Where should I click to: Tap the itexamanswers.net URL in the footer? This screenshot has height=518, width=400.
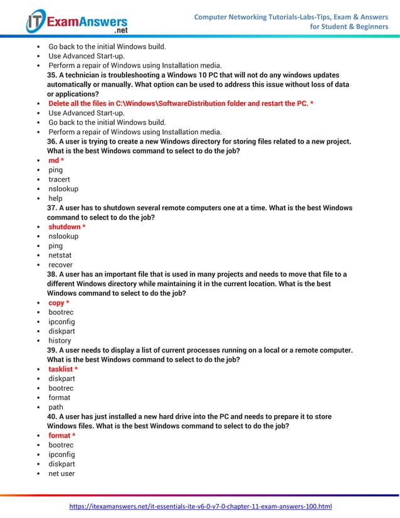click(200, 506)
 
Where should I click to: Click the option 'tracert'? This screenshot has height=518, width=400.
click(59, 179)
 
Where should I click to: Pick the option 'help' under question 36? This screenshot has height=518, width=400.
click(55, 198)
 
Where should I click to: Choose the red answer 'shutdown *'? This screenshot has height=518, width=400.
click(67, 226)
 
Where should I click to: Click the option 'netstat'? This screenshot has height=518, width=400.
click(60, 255)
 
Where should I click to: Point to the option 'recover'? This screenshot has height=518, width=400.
click(60, 265)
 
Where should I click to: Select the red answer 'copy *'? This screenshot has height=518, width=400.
click(59, 303)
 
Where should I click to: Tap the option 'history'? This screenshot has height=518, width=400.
click(60, 341)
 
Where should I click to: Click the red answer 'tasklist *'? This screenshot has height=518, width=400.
click(63, 369)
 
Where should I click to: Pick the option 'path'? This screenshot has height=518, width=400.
click(56, 407)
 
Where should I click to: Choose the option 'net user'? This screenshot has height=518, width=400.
click(61, 473)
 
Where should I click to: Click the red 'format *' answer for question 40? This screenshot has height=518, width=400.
click(61, 435)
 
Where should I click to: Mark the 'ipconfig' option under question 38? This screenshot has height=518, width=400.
click(61, 322)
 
